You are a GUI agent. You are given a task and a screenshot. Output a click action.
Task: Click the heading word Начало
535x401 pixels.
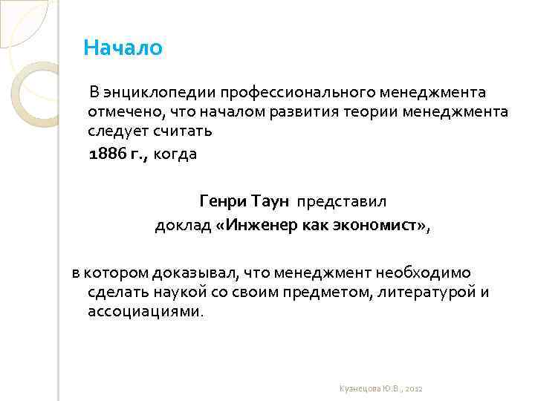(x=123, y=48)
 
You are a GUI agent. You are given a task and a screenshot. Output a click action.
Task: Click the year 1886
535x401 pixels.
(x=106, y=154)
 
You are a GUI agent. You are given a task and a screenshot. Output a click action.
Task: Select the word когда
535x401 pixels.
(x=175, y=154)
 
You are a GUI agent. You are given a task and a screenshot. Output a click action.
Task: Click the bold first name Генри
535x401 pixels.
(x=222, y=200)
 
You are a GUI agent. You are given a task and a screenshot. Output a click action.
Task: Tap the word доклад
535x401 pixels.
(x=182, y=226)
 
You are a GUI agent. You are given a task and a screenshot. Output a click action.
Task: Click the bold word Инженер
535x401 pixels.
(x=258, y=226)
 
